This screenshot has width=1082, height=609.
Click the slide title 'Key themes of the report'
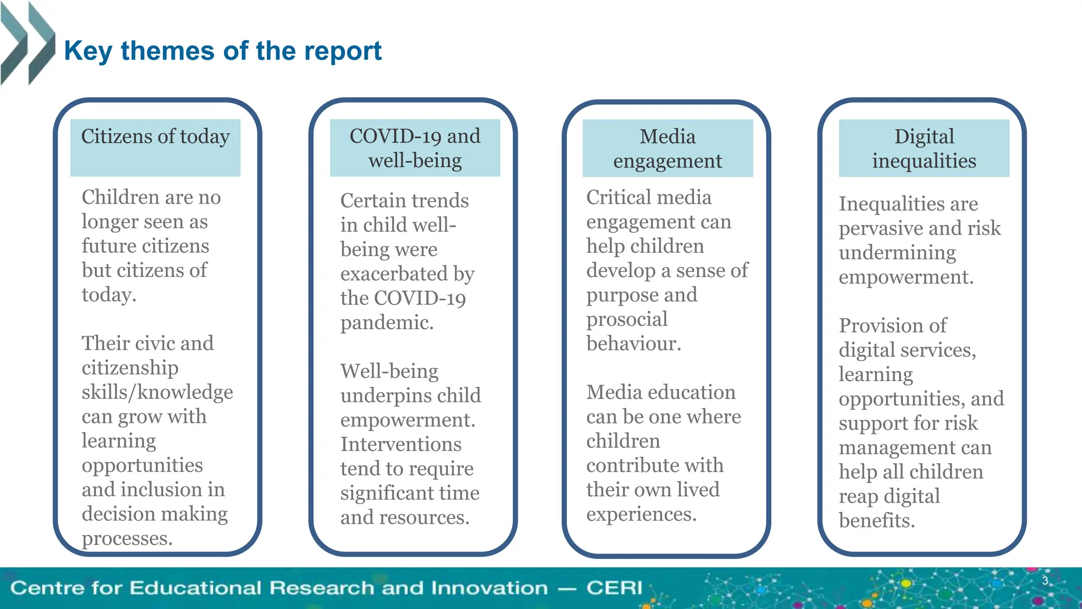[x=222, y=51]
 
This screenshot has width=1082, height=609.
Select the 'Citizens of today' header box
[x=155, y=147]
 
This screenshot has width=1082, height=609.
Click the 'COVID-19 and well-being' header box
[x=415, y=147]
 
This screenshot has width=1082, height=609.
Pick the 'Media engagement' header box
[x=667, y=148]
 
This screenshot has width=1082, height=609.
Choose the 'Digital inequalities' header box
[x=924, y=148]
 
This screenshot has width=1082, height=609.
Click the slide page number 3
[x=1044, y=581]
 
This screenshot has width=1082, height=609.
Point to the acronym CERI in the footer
[x=614, y=588]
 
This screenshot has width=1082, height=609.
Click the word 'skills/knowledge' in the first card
[x=157, y=392]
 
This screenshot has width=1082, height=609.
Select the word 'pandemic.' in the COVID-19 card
[x=387, y=322]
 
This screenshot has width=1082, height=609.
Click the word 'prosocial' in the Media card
[x=627, y=319]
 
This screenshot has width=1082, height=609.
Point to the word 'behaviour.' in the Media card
[x=633, y=344]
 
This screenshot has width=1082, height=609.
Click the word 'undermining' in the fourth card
[x=897, y=253]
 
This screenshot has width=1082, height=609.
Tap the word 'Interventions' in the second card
[x=400, y=444]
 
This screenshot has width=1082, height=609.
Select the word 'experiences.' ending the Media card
[x=641, y=514]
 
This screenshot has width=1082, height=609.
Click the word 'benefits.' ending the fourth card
[x=876, y=521]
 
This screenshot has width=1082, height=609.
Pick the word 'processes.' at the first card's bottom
[x=127, y=539]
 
